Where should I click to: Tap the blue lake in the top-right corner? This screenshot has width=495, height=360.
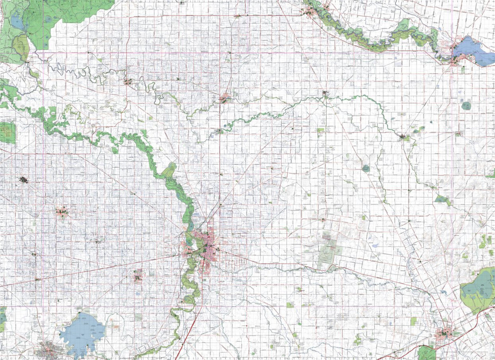point(472,50)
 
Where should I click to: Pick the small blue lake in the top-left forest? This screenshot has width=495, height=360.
point(16,21)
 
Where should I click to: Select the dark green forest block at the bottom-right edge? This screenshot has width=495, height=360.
point(427,353)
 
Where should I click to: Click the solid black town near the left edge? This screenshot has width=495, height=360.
point(24,180)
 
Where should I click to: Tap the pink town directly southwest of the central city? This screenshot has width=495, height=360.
point(138,276)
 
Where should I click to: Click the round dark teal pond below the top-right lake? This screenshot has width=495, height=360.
point(466,106)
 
